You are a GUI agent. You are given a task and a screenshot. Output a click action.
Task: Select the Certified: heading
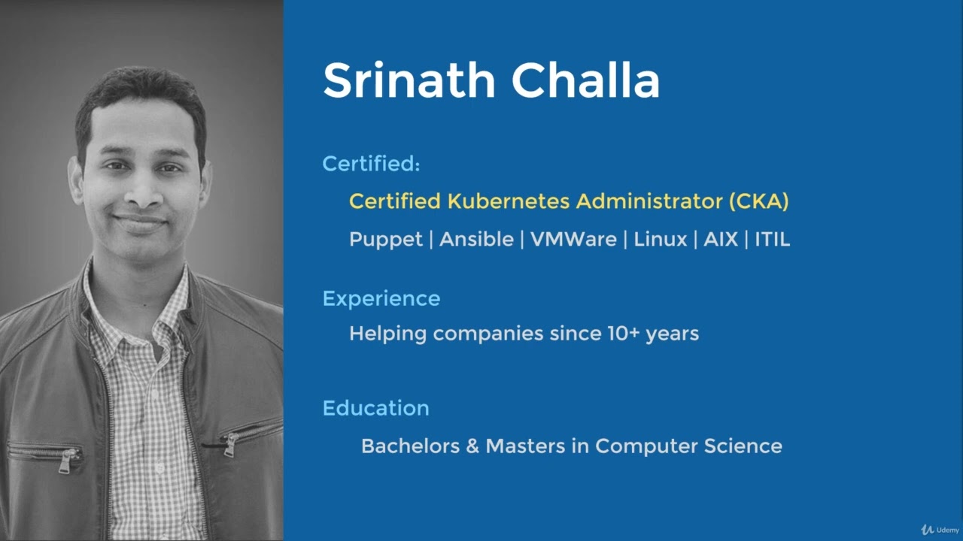click(371, 164)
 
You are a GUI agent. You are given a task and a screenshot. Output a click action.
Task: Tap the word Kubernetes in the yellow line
click(509, 201)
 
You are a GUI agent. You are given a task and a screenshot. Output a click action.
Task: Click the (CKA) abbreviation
click(758, 201)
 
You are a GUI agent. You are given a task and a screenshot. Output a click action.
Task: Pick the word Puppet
click(385, 240)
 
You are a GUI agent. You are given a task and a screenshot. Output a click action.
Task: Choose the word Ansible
click(476, 240)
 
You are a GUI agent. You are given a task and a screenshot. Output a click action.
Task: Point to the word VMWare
click(573, 240)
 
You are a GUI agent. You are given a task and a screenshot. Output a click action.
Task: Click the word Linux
click(660, 240)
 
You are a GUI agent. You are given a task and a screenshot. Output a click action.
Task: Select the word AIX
click(720, 240)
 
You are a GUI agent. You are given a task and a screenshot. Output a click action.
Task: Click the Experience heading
click(381, 299)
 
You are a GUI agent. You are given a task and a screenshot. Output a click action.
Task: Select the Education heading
click(375, 408)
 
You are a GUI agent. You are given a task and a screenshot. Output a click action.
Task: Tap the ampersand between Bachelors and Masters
click(472, 446)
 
